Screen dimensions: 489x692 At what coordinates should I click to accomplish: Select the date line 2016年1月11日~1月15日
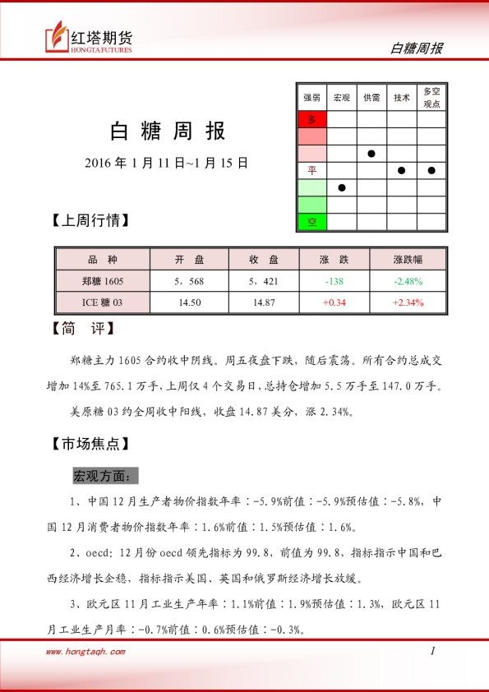167,163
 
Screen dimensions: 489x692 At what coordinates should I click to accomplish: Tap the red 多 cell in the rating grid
311,120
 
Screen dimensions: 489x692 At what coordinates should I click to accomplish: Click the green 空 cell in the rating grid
311,222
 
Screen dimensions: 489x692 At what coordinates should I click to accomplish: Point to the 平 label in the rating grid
311,170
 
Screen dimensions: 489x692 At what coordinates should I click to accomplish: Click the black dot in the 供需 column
371,154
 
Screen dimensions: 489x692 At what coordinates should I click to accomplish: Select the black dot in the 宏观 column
342,187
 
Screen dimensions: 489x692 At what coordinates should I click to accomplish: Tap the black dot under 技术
402,170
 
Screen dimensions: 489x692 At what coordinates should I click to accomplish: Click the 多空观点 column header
431,98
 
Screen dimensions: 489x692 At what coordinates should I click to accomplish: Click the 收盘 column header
264,260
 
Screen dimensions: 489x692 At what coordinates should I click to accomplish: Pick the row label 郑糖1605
103,281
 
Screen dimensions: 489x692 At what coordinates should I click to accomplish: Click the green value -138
334,281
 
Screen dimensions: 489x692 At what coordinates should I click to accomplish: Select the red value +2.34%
408,302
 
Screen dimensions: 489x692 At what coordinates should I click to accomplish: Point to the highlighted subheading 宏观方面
106,476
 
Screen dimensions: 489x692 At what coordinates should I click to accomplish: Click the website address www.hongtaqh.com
85,652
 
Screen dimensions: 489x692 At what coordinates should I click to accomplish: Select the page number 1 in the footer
431,651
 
